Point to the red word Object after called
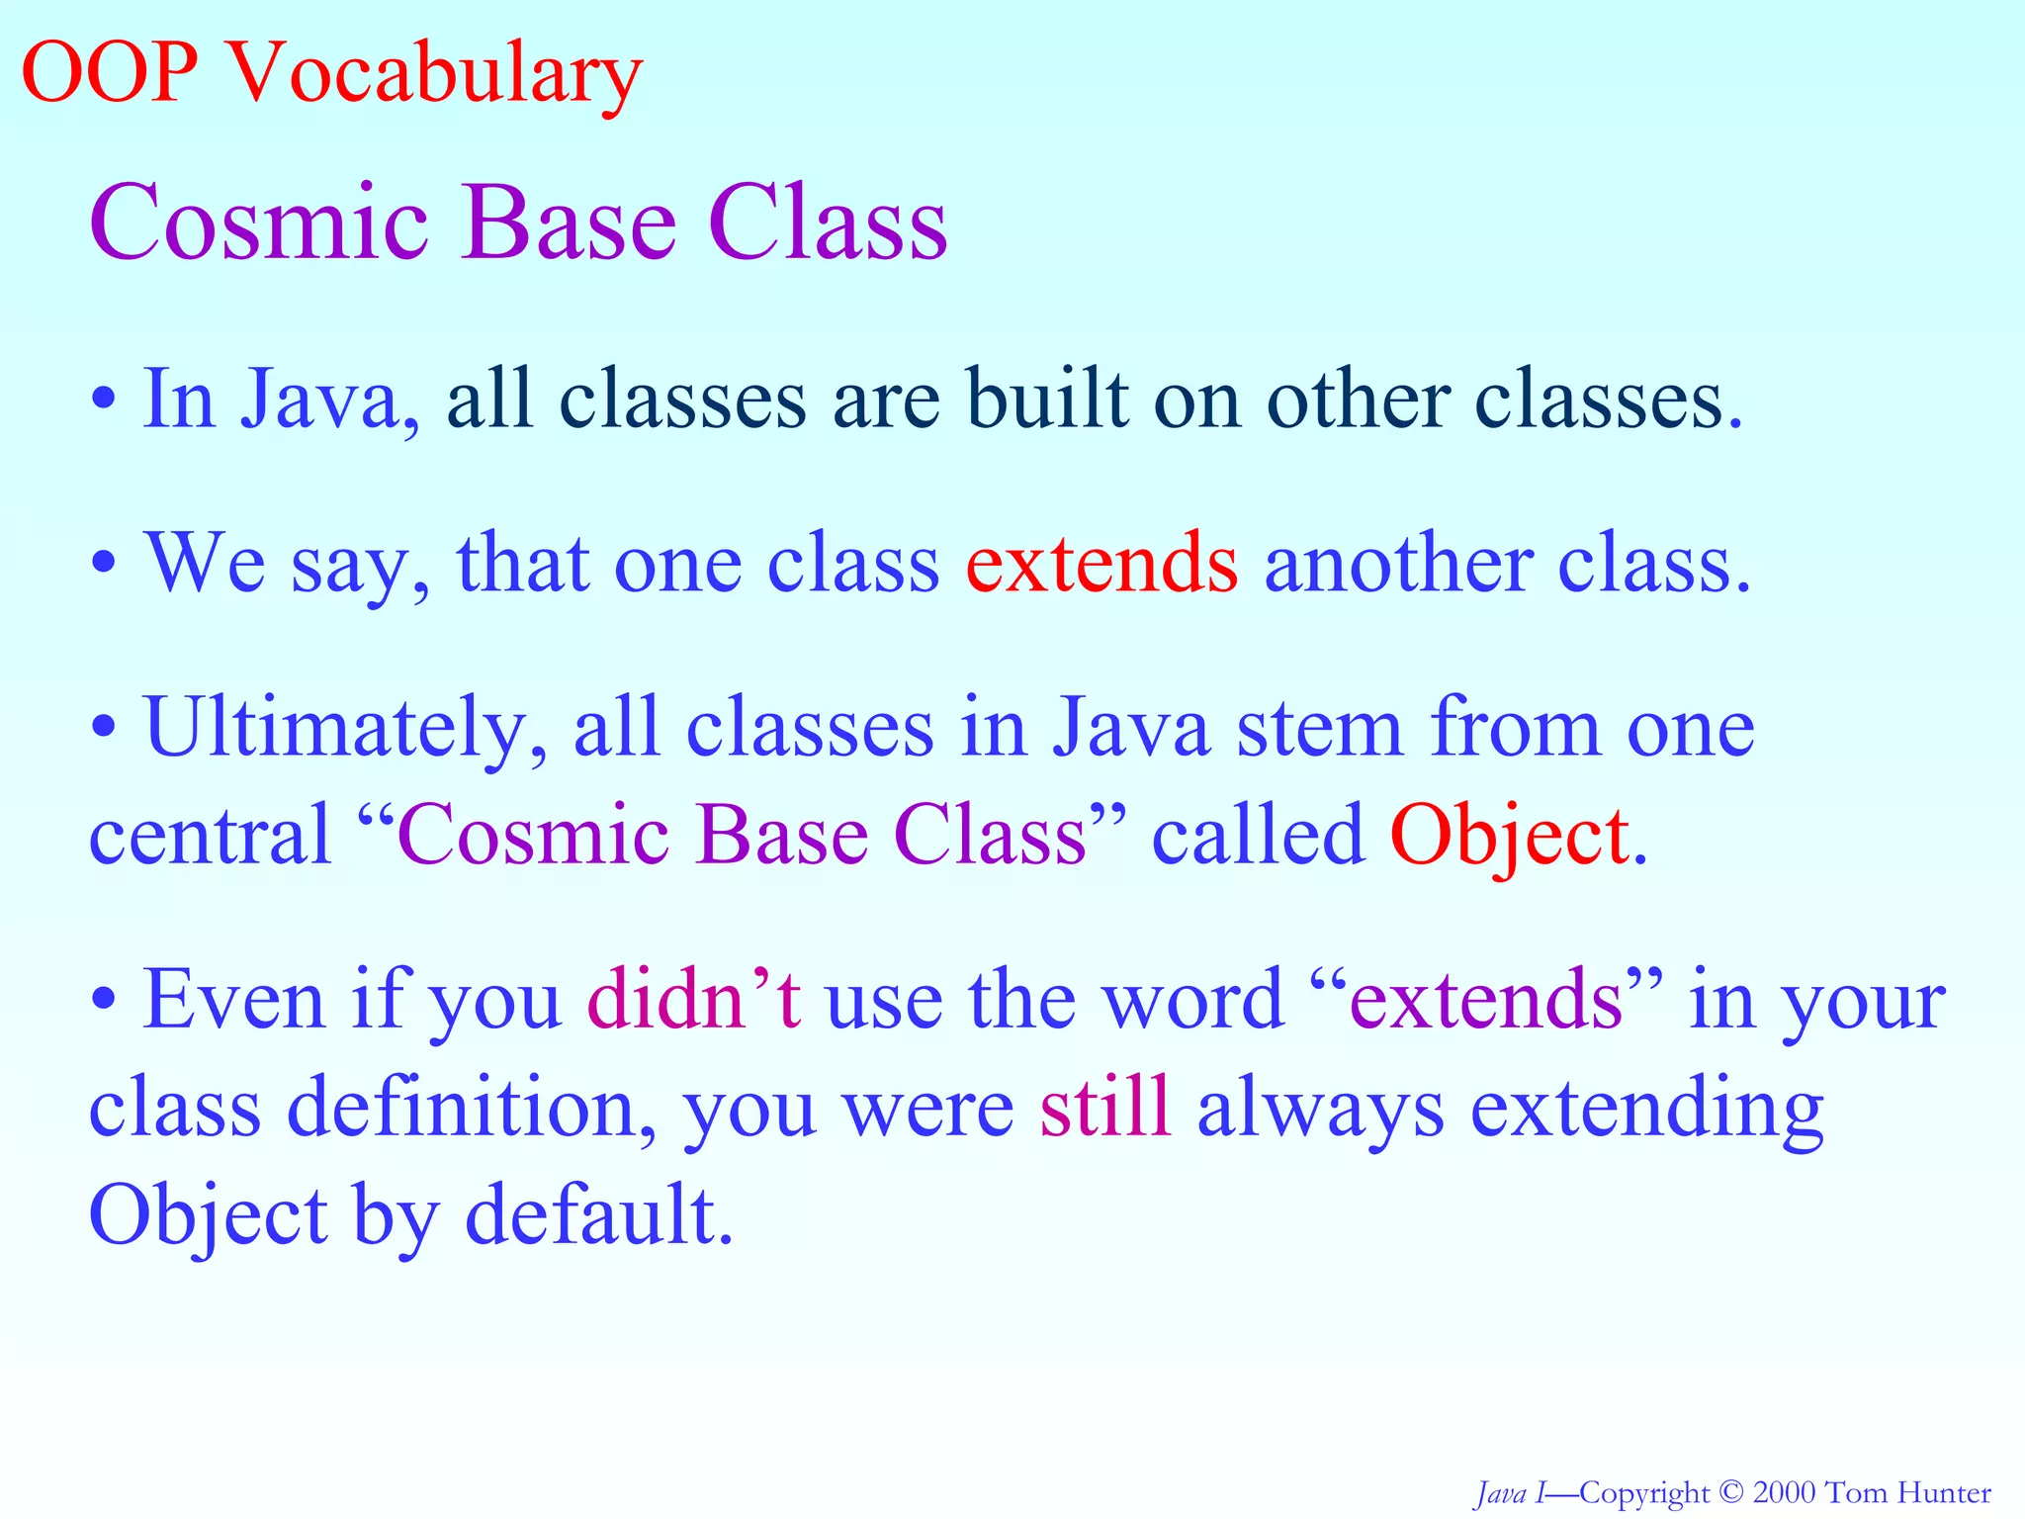pos(1509,837)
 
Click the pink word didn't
pos(694,1001)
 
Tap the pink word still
pos(1105,1108)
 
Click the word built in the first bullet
pos(1047,400)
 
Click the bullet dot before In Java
pos(104,401)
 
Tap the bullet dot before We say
pos(104,565)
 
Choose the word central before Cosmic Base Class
pos(210,837)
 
